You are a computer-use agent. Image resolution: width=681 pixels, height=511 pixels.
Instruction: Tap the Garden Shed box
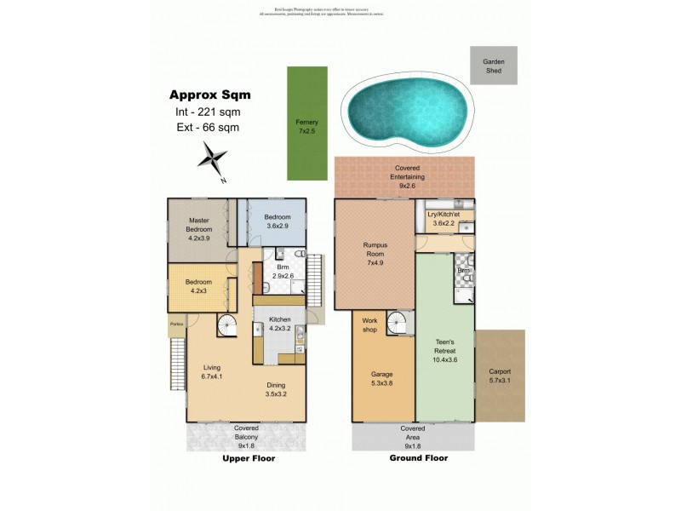[494, 66]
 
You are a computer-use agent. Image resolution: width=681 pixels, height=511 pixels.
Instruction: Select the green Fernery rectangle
[307, 123]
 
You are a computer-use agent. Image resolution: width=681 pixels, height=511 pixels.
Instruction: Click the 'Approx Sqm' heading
[210, 95]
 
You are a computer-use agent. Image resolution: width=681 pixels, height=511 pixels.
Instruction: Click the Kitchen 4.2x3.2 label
[279, 323]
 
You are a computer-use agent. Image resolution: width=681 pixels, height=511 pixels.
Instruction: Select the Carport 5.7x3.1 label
[500, 376]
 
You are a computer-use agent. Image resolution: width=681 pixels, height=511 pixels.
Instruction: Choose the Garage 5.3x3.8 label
[381, 378]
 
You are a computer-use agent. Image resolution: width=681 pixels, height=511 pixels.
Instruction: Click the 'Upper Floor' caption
[249, 458]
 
